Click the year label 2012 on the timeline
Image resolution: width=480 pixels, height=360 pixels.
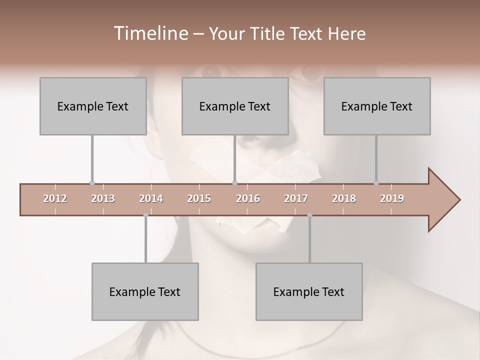[x=55, y=198]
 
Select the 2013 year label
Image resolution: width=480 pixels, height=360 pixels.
[x=103, y=198]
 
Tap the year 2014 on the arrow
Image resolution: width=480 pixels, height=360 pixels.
[x=151, y=198]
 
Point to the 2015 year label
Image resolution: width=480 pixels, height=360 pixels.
[x=199, y=198]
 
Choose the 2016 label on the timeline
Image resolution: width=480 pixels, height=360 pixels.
[x=248, y=198]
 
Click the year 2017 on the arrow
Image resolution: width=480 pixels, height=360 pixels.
[x=296, y=198]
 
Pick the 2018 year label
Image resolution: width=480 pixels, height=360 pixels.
[x=344, y=198]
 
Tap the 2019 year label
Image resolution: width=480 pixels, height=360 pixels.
[x=392, y=198]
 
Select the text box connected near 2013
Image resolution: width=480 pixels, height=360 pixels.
[x=93, y=106]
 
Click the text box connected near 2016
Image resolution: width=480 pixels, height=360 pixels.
[x=235, y=106]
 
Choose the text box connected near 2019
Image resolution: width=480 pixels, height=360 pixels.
[x=377, y=106]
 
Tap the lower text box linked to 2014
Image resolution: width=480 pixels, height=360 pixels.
[x=145, y=291]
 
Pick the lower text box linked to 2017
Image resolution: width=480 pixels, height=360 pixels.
[x=309, y=291]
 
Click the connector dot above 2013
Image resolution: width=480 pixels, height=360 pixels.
[x=92, y=183]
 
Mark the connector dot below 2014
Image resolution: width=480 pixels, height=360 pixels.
[x=145, y=215]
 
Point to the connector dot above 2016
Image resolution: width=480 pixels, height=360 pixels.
[x=235, y=183]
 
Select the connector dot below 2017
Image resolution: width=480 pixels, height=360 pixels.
[x=309, y=215]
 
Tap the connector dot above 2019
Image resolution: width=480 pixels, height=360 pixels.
[x=376, y=183]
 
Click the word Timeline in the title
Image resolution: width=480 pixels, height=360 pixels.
[x=149, y=33]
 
